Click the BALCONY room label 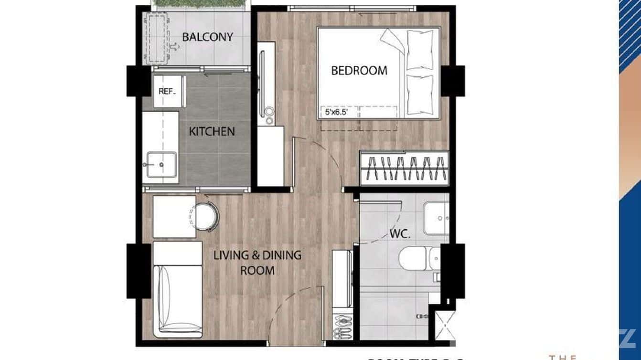click(207, 37)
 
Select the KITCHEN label click(212, 131)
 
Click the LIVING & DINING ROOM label click(257, 263)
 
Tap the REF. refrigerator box click(167, 91)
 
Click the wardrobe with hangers click(404, 168)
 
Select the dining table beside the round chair click(174, 216)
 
